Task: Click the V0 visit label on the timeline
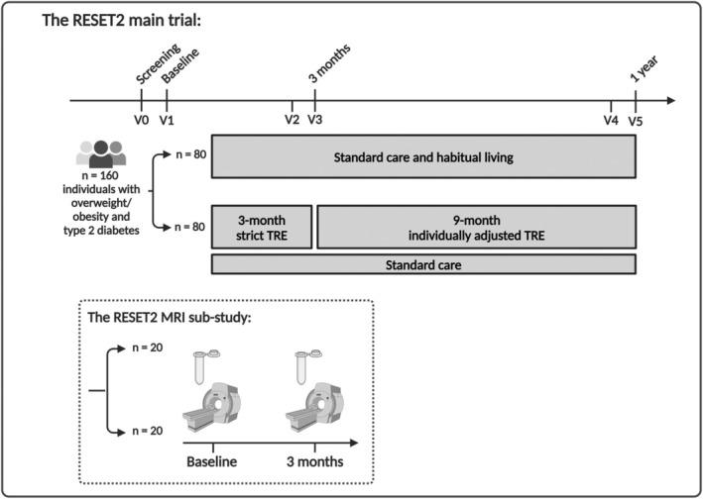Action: [140, 120]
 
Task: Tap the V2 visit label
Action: [291, 120]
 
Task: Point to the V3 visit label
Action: [314, 120]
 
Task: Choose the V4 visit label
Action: [611, 120]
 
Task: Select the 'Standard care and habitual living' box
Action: [422, 157]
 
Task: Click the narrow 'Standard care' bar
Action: [422, 264]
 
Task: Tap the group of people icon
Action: [102, 152]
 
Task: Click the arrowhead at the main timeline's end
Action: [670, 100]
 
